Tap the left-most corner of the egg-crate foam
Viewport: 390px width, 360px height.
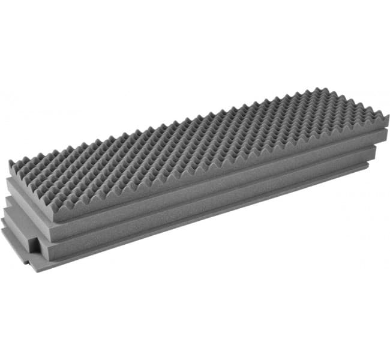pos(10,162)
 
